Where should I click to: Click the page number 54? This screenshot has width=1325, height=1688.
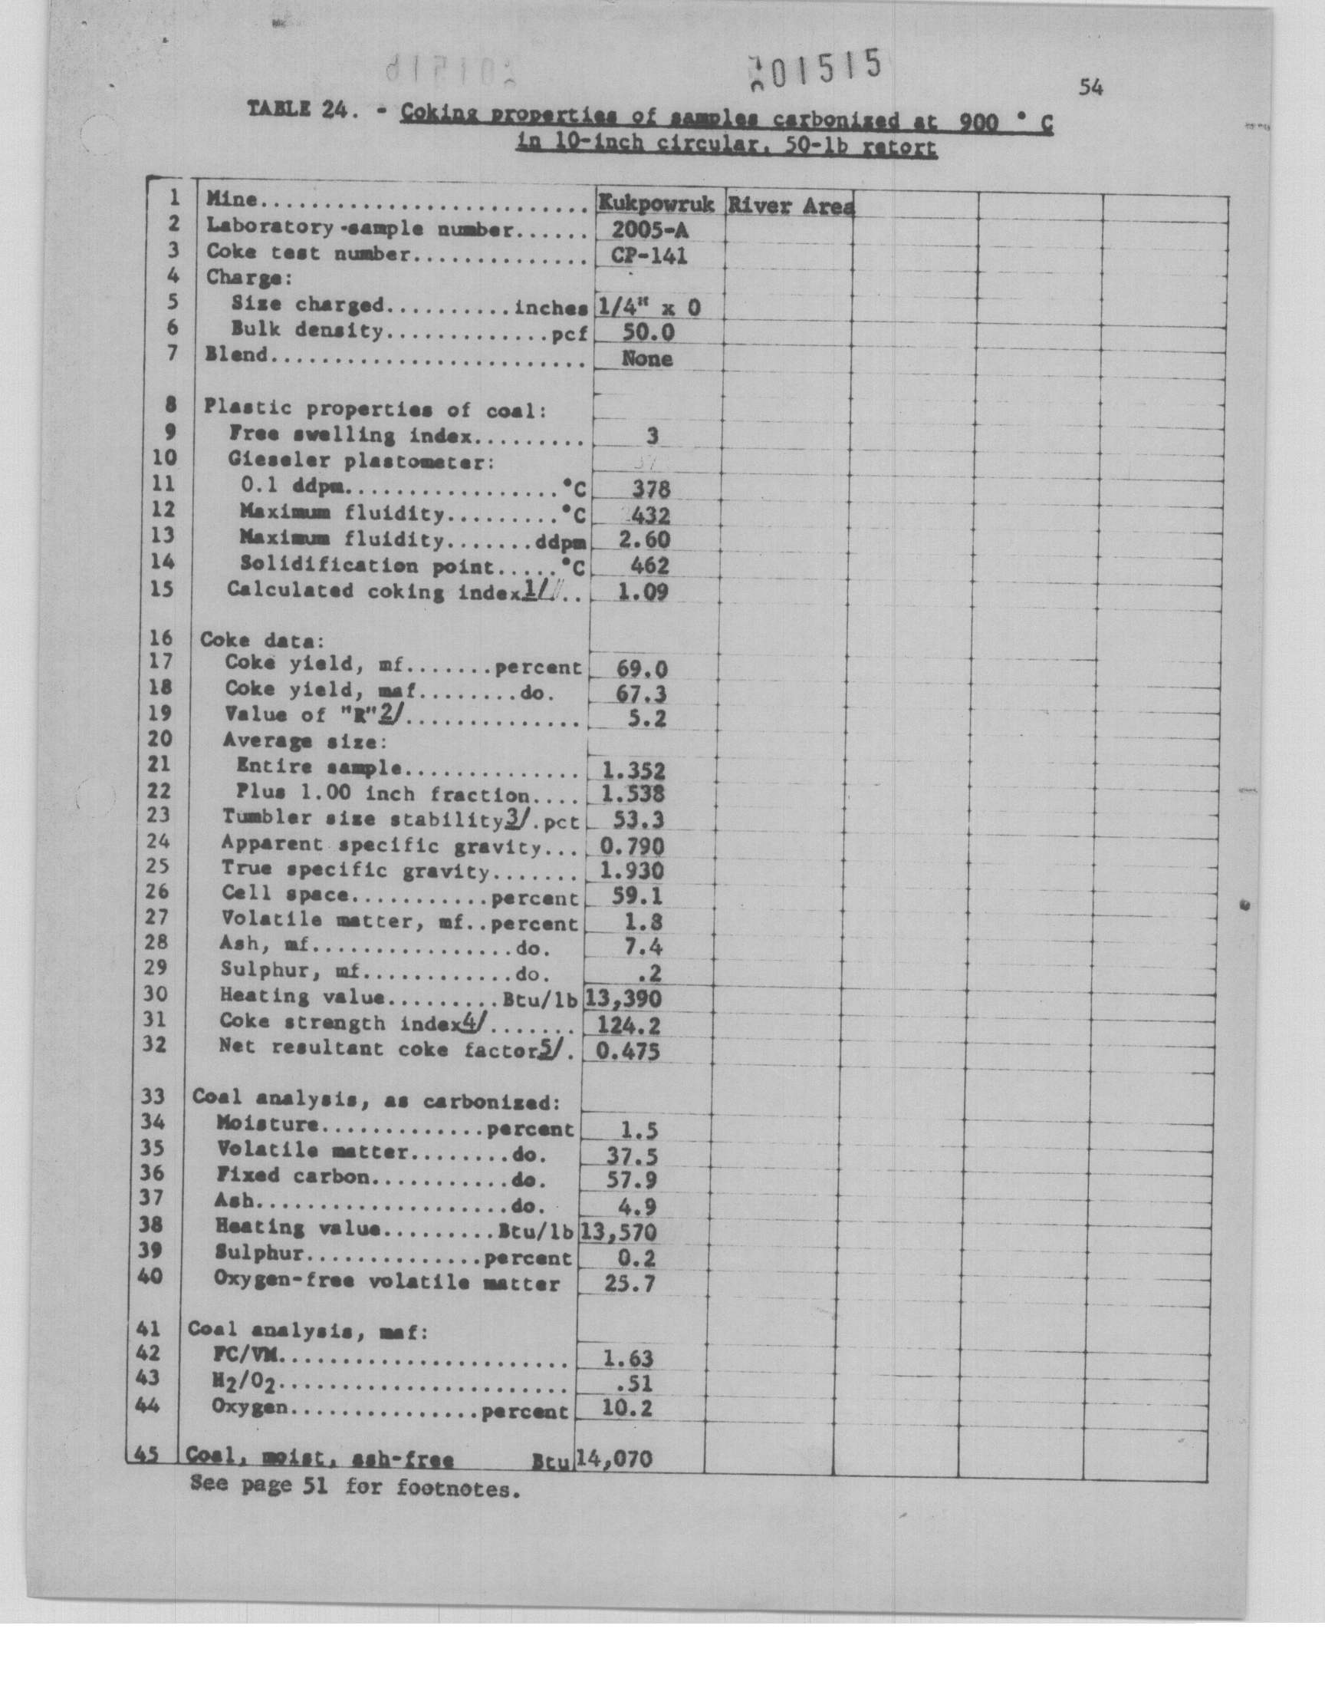click(x=1090, y=88)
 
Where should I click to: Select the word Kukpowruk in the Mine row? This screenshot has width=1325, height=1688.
click(x=656, y=204)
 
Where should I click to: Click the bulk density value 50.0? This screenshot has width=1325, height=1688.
click(x=648, y=333)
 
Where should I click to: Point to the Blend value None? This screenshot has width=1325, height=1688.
click(x=647, y=358)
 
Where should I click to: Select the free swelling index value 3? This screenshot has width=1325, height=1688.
click(x=652, y=436)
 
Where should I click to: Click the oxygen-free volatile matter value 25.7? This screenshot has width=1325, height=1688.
click(x=629, y=1284)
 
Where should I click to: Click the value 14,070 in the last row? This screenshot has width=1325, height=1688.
click(x=613, y=1460)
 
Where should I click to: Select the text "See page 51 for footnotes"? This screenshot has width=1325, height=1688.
click(x=353, y=1488)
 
